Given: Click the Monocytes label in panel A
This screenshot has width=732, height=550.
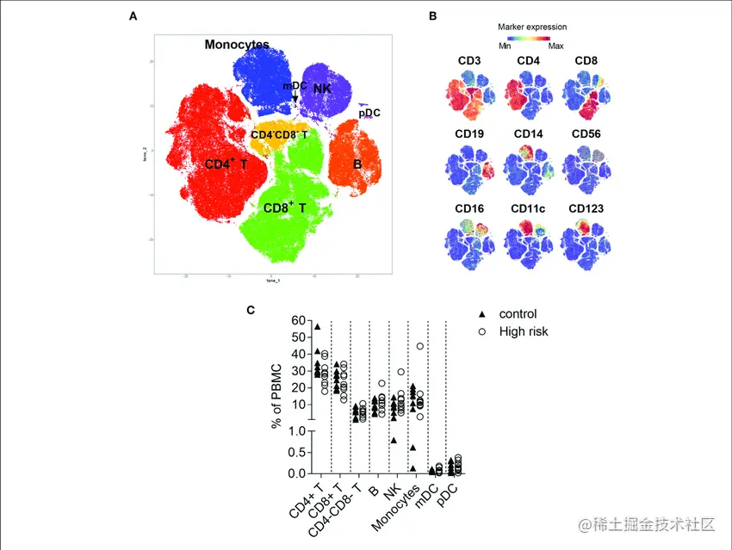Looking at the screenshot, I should coord(237,45).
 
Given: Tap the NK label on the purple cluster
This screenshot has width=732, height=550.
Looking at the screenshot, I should coord(322,89).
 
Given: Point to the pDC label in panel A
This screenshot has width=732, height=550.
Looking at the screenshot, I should coord(369,113).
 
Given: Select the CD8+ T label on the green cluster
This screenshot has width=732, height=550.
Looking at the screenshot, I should coord(284,207).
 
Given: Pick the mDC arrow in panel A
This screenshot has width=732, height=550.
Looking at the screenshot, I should coord(295,97).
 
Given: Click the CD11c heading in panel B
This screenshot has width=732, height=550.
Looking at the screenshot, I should coord(529,208).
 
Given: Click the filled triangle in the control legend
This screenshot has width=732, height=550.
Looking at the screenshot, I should coord(482,314).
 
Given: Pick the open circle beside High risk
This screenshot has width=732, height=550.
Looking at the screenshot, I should coord(482,331).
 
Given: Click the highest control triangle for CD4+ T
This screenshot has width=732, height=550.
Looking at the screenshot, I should coord(317,326).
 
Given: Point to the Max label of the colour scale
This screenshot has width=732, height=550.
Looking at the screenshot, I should coord(555,46).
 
